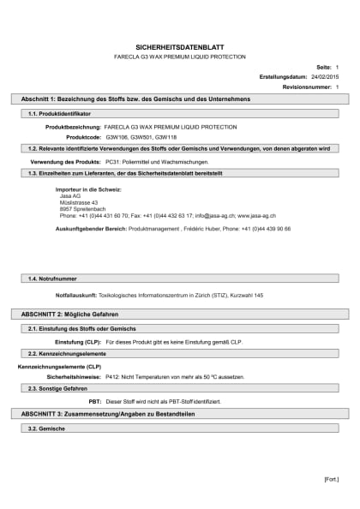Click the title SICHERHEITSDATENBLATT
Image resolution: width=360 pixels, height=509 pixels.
(179, 47)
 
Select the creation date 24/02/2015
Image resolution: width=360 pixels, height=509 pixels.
(323, 76)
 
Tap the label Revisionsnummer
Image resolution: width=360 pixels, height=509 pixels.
(307, 87)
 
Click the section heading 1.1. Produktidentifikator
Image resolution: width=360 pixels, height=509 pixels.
(59, 113)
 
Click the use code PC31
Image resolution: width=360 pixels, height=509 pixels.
(112, 161)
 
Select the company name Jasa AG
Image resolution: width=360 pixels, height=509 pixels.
(70, 195)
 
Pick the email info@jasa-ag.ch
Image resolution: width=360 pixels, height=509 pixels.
(213, 216)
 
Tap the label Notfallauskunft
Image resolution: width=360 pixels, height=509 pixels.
(75, 295)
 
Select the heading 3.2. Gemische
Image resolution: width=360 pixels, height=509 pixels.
(47, 427)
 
